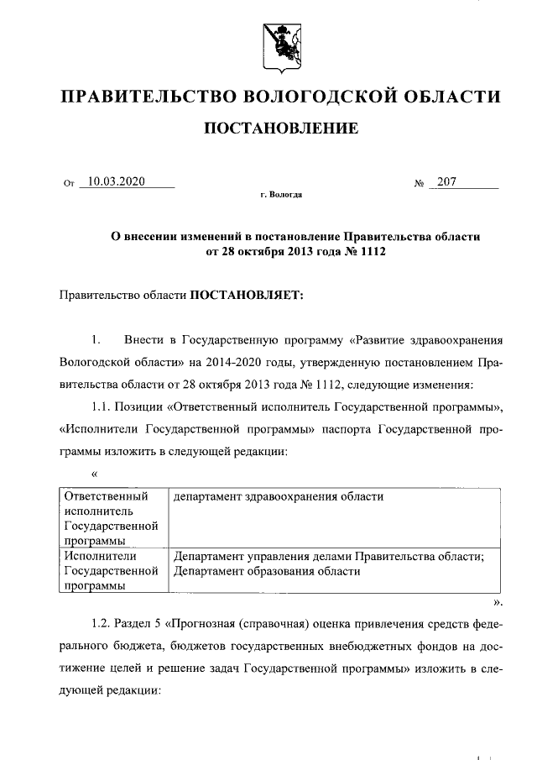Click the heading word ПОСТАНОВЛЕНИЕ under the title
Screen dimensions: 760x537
click(281, 128)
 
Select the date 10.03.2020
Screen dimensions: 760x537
click(117, 180)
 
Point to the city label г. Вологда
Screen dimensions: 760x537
click(281, 195)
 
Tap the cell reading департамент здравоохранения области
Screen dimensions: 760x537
click(278, 496)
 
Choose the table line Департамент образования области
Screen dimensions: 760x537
click(266, 571)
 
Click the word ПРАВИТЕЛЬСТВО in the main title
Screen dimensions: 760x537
click(147, 97)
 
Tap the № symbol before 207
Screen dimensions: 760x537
click(420, 182)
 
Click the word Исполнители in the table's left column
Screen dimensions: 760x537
click(100, 555)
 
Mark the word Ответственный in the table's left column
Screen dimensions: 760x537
click(106, 496)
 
